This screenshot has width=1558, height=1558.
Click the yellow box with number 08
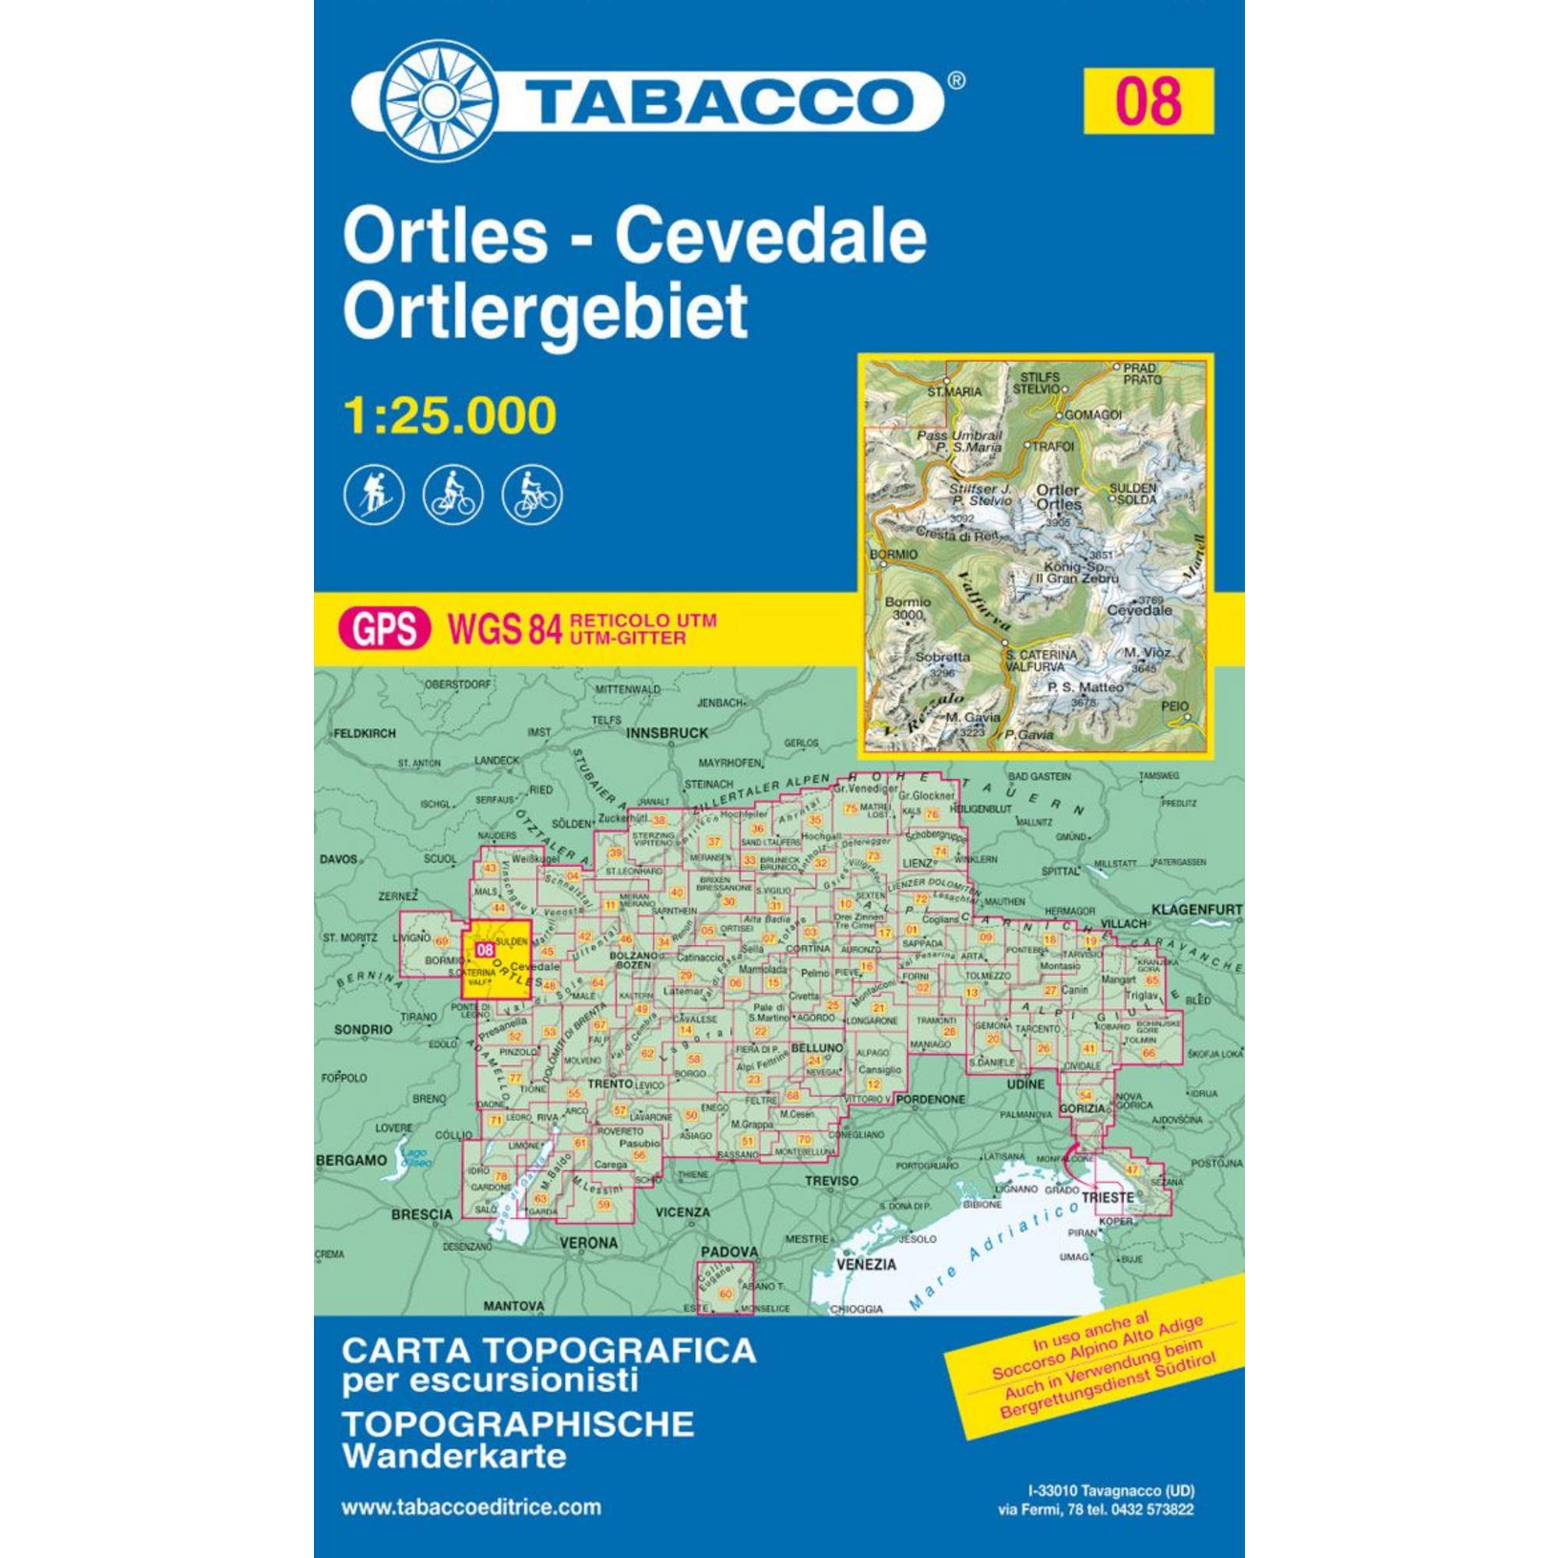click(1148, 101)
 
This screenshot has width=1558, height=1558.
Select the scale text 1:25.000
click(450, 415)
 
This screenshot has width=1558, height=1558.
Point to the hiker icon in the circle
click(374, 495)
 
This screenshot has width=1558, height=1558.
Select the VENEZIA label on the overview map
click(867, 1264)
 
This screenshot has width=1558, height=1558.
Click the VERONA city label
click(588, 1243)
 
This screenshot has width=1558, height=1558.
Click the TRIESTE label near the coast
click(1108, 1197)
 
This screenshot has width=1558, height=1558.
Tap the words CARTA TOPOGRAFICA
click(549, 1351)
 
